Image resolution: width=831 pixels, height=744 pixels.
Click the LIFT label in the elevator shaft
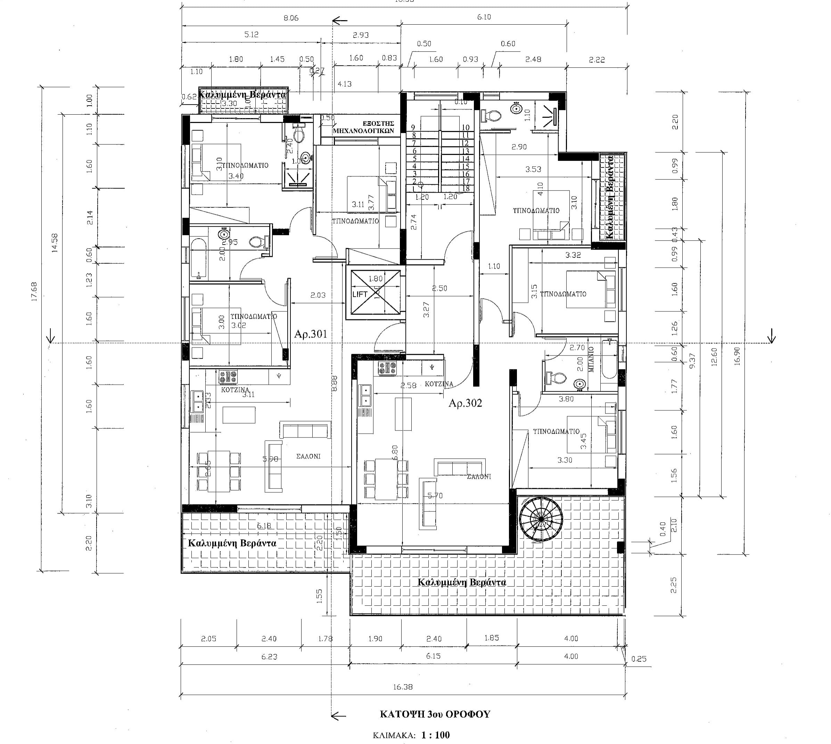pos(360,294)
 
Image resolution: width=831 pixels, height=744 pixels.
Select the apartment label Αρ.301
pos(311,334)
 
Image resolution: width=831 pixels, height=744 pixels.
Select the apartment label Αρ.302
pos(465,403)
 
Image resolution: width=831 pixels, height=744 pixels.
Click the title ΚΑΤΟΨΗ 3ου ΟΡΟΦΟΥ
pos(435,714)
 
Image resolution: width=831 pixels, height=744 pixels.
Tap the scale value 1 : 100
pos(436,735)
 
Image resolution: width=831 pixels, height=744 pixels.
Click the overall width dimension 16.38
pos(403,687)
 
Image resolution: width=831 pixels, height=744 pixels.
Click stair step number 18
pos(465,189)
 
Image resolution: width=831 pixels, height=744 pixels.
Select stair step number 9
pos(413,128)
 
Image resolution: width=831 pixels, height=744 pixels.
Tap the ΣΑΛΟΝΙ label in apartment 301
pos(308,456)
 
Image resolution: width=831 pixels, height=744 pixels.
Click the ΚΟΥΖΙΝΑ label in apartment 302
pos(439,384)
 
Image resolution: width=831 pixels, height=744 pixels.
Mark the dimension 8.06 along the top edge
pos(291,18)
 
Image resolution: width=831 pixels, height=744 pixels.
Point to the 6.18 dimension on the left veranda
pos(264,526)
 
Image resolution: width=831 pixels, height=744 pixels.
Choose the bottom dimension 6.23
pos(269,656)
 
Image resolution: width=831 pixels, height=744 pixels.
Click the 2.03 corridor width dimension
pos(318,295)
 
